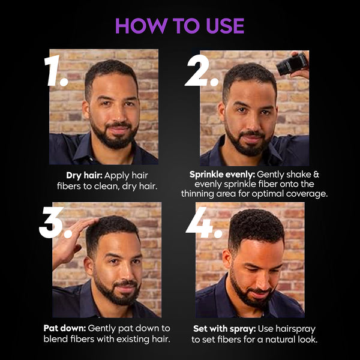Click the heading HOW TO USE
pyautogui.click(x=180, y=26)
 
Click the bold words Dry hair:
pyautogui.click(x=86, y=176)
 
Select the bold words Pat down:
pyautogui.click(x=65, y=328)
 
